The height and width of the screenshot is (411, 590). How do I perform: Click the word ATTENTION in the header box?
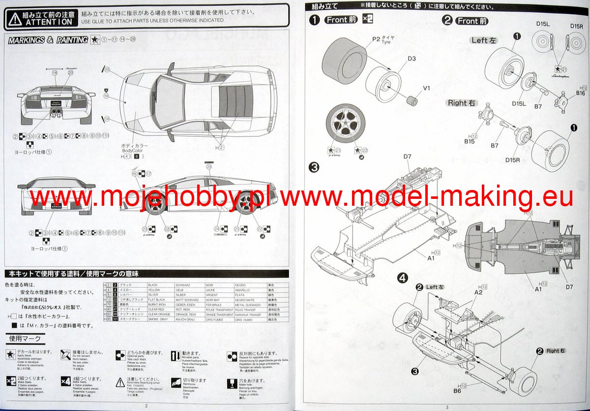click(49, 22)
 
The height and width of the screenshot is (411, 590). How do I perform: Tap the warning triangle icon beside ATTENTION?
click(15, 19)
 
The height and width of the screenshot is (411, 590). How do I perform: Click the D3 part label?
click(412, 59)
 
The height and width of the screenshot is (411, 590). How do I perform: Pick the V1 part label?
click(427, 89)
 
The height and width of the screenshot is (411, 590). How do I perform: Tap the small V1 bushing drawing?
click(412, 102)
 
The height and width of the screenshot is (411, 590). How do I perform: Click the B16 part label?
click(580, 93)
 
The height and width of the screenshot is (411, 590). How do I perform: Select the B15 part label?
click(469, 142)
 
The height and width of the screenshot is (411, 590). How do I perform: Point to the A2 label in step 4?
click(478, 292)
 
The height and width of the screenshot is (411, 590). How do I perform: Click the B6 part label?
click(457, 391)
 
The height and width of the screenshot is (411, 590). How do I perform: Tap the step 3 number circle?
click(314, 167)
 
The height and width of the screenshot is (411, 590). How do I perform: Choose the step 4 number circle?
click(402, 279)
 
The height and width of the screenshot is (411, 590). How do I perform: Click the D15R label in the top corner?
click(576, 26)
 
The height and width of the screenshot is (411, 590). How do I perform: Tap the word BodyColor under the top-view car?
click(134, 152)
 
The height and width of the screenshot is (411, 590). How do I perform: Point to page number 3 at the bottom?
click(447, 407)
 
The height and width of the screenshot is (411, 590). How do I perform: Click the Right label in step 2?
click(461, 103)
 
